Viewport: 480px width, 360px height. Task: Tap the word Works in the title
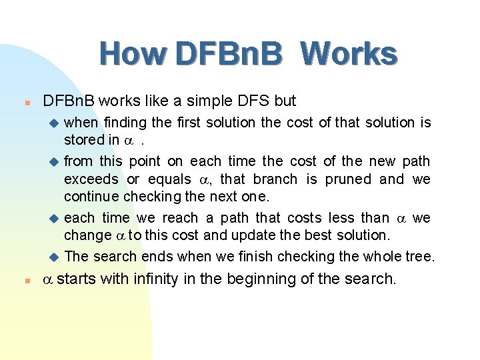click(349, 54)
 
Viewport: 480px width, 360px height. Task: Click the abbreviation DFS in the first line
click(253, 101)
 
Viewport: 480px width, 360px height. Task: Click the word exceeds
click(91, 179)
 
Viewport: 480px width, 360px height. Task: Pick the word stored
click(83, 140)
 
